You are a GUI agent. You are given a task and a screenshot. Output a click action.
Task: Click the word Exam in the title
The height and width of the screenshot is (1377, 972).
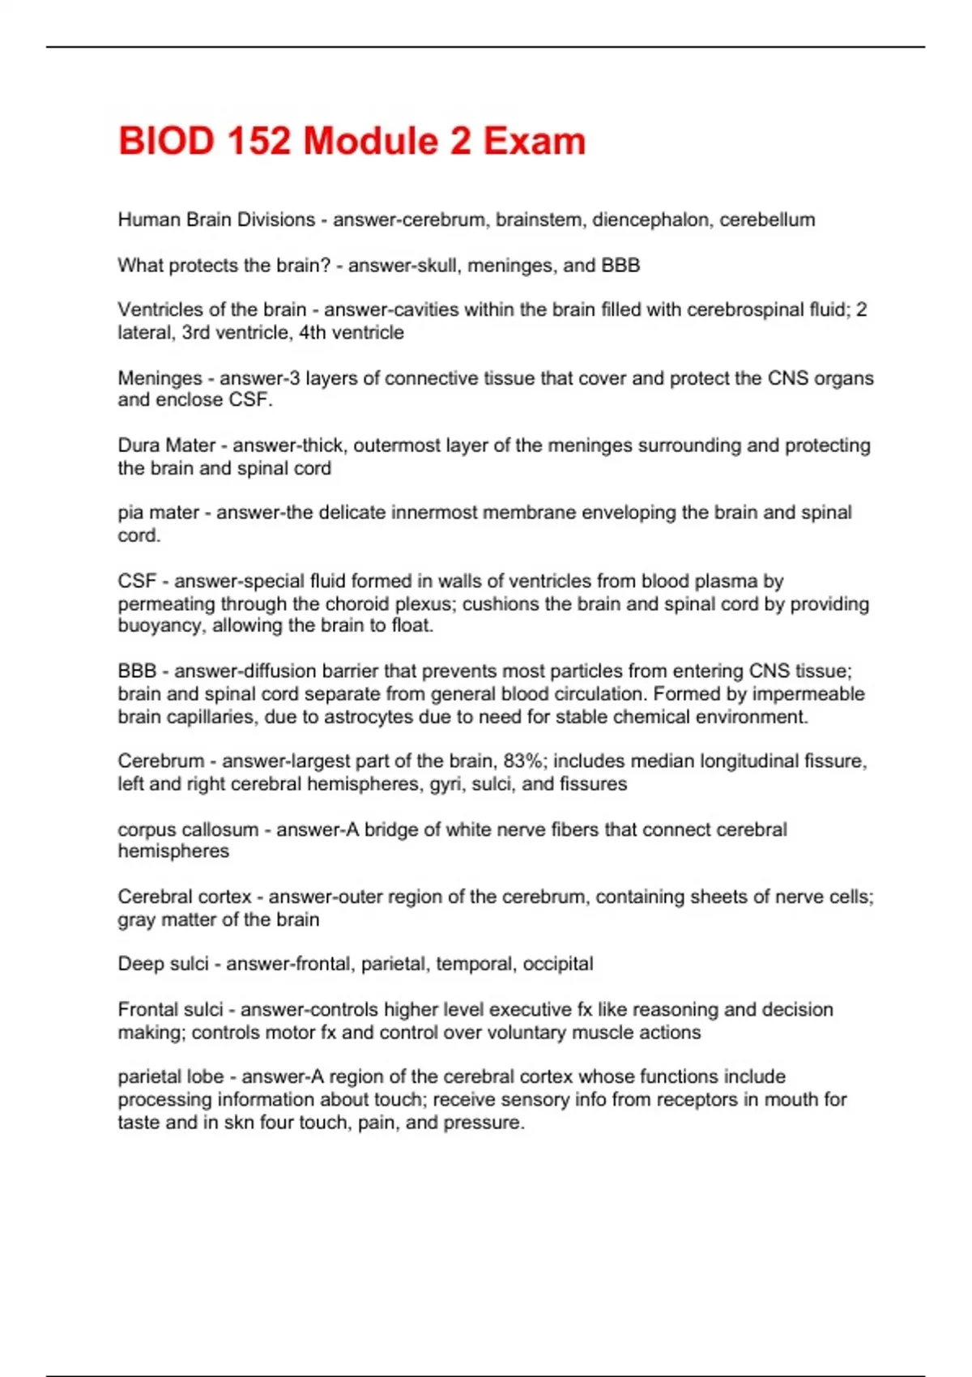(x=534, y=141)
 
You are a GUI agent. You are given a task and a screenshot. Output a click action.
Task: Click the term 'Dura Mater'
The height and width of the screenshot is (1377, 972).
(x=167, y=445)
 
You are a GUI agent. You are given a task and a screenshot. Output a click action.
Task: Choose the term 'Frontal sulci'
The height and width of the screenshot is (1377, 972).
(x=170, y=1009)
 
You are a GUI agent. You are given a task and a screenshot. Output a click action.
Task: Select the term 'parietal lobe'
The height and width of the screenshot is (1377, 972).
(x=170, y=1076)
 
